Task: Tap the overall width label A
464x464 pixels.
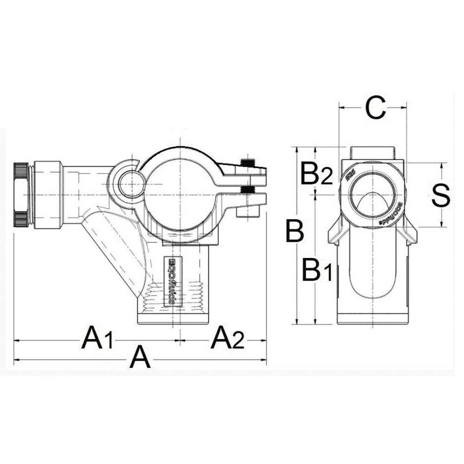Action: (140, 358)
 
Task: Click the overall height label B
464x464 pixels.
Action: (295, 231)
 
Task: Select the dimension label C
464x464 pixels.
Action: (375, 108)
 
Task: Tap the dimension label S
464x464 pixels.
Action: (440, 196)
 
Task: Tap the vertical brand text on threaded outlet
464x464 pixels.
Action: (171, 281)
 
